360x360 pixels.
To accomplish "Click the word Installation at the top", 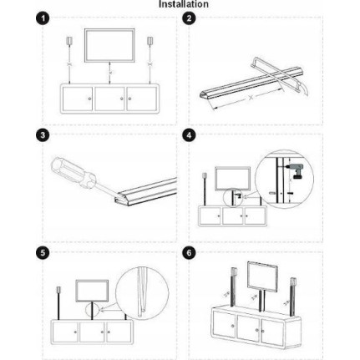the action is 184,4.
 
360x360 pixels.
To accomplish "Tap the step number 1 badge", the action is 43,18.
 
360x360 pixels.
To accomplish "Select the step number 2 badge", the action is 189,18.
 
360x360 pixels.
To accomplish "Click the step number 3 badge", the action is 43,135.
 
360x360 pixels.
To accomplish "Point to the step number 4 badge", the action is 189,135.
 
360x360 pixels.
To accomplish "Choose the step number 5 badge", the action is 43,253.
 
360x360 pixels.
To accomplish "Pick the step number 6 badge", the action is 189,253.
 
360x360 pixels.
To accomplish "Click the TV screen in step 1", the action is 109,45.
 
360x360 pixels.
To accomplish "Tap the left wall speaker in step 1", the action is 69,41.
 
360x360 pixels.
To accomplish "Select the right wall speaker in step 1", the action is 150,41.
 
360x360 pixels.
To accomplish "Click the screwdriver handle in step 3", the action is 74,173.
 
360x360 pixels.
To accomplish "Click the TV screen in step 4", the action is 232,179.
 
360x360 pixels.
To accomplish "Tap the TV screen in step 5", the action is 92,291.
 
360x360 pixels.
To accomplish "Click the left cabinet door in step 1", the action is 78,99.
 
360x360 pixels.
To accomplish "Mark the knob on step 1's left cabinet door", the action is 89,99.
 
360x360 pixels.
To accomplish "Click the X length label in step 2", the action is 251,97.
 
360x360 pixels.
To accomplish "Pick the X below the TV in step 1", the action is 110,73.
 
